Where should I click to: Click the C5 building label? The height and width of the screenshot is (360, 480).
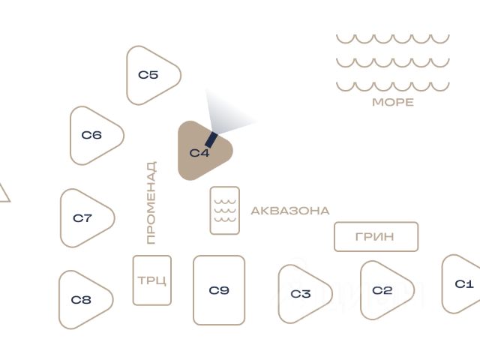(148, 75)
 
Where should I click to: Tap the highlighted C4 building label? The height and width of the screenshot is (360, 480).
(199, 154)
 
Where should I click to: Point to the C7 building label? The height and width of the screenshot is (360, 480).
(82, 218)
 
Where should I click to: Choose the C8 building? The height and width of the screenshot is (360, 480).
(83, 300)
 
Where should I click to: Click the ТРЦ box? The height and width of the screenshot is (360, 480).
(152, 280)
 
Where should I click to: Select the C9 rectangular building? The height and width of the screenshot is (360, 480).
(219, 290)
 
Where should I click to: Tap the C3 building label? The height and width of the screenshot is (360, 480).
(301, 294)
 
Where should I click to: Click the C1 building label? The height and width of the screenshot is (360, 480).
(465, 284)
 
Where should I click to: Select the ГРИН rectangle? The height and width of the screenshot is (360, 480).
(376, 237)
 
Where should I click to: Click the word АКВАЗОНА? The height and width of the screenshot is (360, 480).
(290, 211)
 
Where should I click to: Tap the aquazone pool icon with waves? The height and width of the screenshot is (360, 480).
(225, 211)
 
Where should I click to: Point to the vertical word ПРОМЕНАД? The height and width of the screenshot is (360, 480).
(151, 202)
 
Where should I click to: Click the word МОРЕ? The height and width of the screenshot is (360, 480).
(393, 102)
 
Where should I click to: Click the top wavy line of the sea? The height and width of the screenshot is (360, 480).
(393, 38)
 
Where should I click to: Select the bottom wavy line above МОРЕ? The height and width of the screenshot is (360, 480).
(393, 85)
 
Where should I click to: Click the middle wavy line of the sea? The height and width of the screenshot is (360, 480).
(393, 62)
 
